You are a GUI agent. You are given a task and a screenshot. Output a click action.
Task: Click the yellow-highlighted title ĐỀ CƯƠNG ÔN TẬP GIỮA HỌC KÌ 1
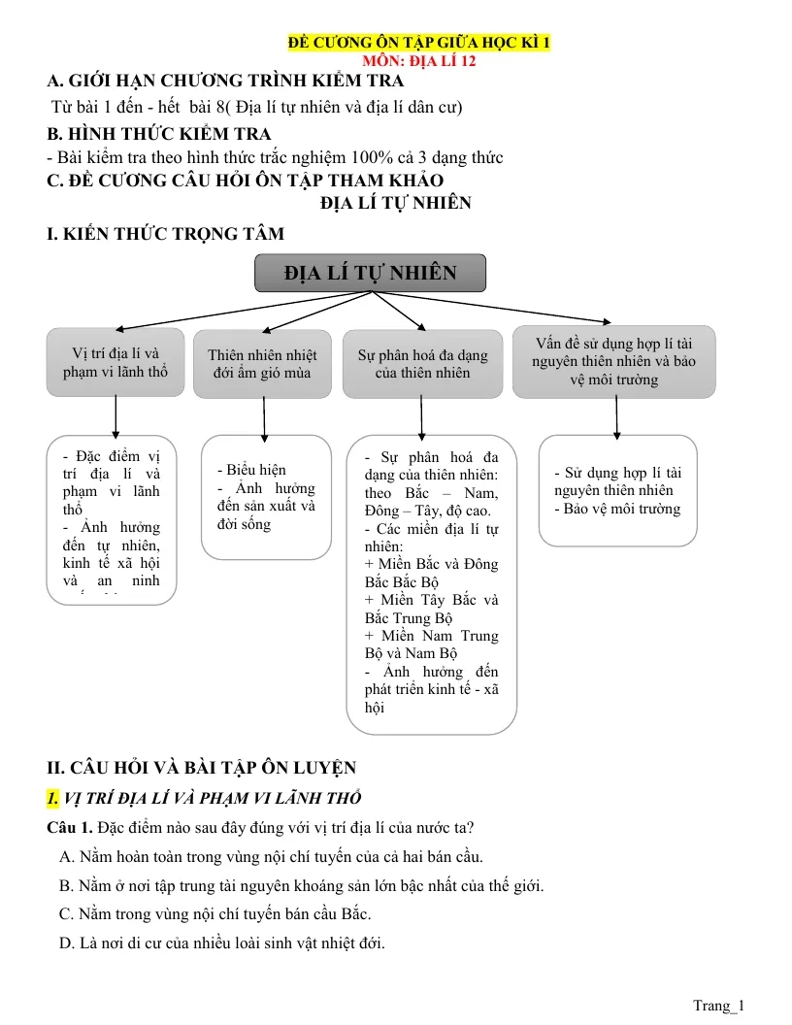pyautogui.click(x=419, y=43)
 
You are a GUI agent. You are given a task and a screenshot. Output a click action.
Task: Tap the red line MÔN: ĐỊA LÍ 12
pyautogui.click(x=419, y=61)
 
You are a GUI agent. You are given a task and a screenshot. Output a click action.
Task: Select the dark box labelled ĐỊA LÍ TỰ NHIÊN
pyautogui.click(x=370, y=273)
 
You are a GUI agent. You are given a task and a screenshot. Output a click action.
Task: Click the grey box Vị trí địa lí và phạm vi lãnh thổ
pyautogui.click(x=115, y=362)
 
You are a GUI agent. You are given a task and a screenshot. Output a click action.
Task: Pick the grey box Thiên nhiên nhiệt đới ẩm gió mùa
pyautogui.click(x=262, y=363)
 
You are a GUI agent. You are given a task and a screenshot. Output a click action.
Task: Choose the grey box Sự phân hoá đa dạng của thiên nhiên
pyautogui.click(x=422, y=363)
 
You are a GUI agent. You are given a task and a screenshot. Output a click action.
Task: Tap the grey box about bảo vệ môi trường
pyautogui.click(x=613, y=361)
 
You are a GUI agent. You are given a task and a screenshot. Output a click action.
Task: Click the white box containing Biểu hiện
pyautogui.click(x=266, y=497)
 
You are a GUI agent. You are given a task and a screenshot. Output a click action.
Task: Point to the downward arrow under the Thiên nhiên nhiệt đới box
pyautogui.click(x=264, y=419)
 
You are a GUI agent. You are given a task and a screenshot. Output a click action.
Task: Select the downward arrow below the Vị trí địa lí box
pyautogui.click(x=115, y=417)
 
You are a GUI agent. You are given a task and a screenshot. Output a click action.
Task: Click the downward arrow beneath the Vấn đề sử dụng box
pyautogui.click(x=616, y=418)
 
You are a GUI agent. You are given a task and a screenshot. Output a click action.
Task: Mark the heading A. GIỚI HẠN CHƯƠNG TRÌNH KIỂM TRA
pyautogui.click(x=225, y=81)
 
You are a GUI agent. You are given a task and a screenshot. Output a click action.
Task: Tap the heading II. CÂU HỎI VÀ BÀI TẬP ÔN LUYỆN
pyautogui.click(x=201, y=768)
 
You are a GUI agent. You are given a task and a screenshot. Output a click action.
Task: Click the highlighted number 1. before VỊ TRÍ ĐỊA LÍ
pyautogui.click(x=52, y=798)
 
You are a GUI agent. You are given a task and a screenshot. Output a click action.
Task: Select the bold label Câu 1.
pyautogui.click(x=70, y=828)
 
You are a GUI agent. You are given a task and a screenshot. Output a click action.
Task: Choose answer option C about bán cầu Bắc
pyautogui.click(x=215, y=914)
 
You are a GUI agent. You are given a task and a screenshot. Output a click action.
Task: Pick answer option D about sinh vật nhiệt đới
pyautogui.click(x=222, y=942)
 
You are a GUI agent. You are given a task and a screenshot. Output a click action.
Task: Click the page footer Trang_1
pyautogui.click(x=719, y=1006)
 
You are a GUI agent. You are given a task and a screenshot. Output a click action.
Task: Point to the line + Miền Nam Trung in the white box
pyautogui.click(x=431, y=636)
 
